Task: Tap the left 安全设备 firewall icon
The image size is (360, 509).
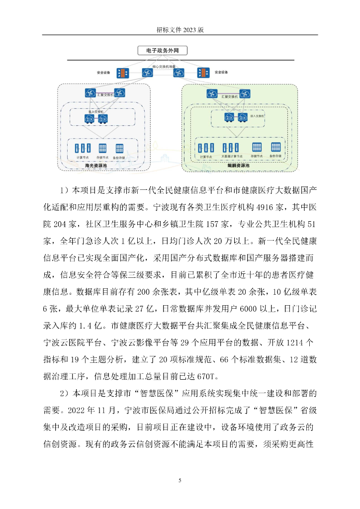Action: pos(122,73)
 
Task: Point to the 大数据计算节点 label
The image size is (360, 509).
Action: pos(229,157)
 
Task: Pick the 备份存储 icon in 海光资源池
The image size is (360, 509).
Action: pos(120,148)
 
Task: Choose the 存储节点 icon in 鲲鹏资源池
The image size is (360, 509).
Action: pos(257,147)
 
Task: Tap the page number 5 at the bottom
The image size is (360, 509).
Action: pos(180,480)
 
